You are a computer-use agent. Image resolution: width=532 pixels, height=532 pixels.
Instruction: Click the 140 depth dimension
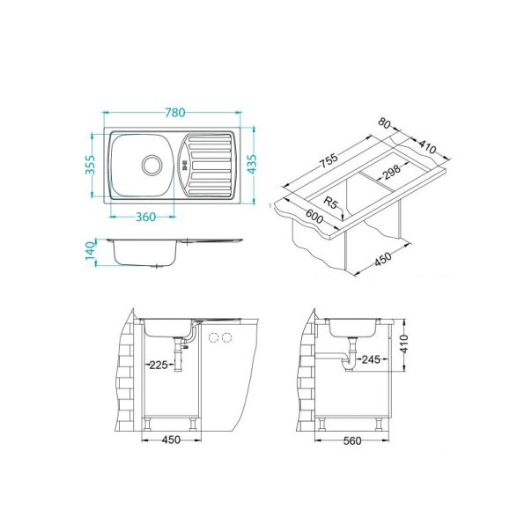pos(91,251)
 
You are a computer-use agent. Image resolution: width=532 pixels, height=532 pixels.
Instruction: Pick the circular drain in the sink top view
pos(152,164)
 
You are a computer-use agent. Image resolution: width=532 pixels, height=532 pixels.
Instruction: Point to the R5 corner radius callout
pos(331,203)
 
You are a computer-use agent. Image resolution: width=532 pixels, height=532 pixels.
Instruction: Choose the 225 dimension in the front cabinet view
pos(159,363)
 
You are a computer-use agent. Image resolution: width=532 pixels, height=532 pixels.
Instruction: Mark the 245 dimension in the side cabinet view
pos(370,359)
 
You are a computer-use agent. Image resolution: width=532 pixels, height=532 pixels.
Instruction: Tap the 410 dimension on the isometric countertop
pos(429,150)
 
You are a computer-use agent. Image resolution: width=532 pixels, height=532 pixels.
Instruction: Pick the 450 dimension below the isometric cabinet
pos(382,261)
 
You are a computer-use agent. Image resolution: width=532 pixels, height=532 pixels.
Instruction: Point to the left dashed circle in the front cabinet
pos(212,338)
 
